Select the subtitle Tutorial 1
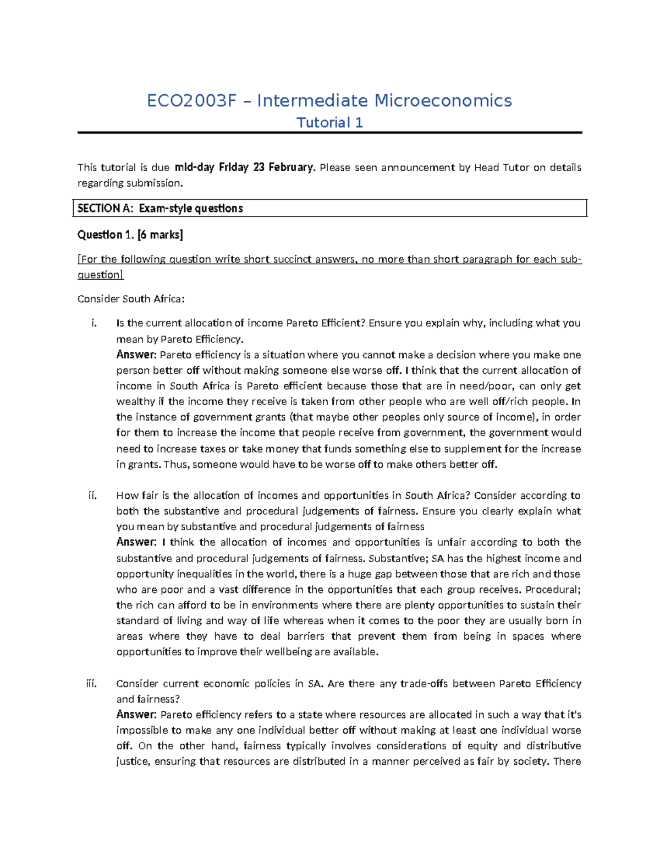point(329,123)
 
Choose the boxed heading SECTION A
point(106,208)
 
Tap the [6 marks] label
point(160,235)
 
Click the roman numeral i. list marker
point(94,323)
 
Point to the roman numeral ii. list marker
point(93,495)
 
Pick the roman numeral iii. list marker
point(92,684)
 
